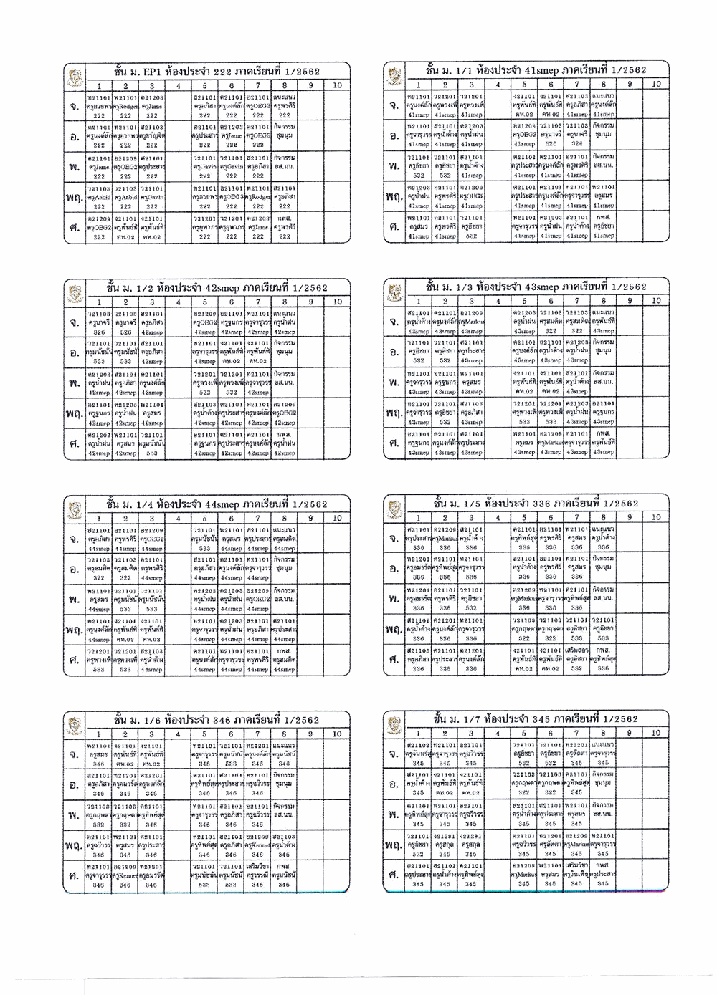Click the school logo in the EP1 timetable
(72, 75)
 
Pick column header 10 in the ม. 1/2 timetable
(337, 302)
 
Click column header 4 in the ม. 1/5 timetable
(497, 517)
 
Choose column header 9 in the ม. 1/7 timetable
(629, 733)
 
